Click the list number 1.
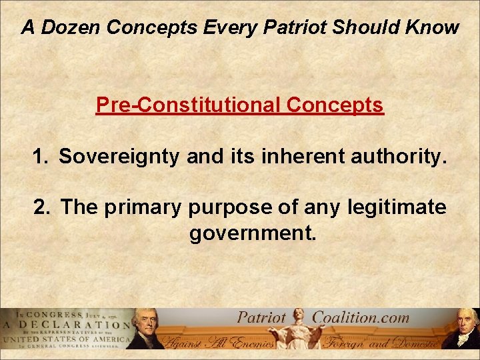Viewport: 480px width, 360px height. tap(41, 157)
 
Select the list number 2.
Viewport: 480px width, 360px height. tap(42, 208)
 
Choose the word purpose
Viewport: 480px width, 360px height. tap(228, 208)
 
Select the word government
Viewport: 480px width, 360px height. tap(252, 235)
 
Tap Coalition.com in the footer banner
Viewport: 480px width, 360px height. tap(361, 317)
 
